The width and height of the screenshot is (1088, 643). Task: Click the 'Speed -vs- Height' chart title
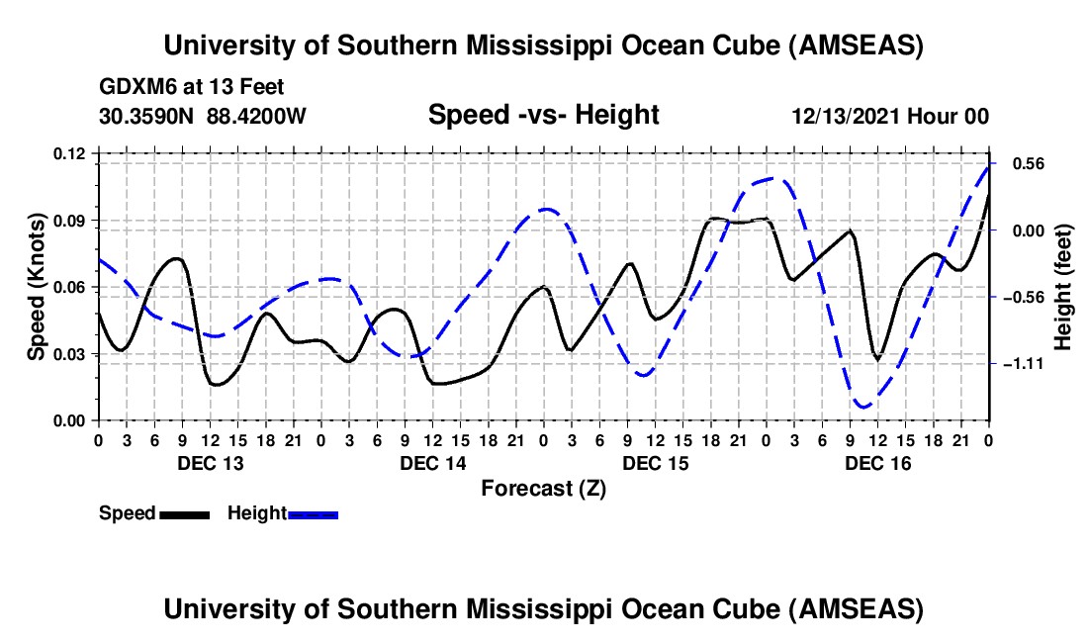click(x=543, y=115)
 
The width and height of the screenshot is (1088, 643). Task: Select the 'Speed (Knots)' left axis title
click(x=36, y=286)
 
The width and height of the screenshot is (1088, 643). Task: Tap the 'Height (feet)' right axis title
click(x=1063, y=288)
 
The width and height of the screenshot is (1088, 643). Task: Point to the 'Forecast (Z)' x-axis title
click(x=543, y=488)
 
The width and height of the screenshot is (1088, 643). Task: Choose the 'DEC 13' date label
click(x=209, y=463)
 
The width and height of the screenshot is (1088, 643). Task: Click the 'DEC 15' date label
click(x=655, y=463)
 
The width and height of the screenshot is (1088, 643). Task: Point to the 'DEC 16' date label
click(x=877, y=463)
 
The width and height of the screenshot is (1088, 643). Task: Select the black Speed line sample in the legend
click(x=184, y=513)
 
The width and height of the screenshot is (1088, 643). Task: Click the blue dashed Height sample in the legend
click(x=313, y=513)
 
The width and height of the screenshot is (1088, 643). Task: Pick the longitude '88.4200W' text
click(x=256, y=116)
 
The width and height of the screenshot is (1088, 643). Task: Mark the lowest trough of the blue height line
click(x=863, y=407)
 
